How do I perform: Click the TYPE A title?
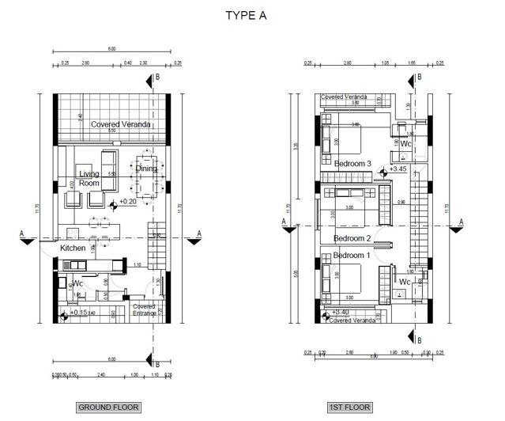point(252,15)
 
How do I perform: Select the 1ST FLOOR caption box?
point(349,408)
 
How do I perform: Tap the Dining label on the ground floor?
point(147,168)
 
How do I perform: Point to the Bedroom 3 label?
point(352,163)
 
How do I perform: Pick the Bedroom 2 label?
point(352,238)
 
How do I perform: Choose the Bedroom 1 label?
point(352,256)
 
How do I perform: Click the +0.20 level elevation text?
point(129,202)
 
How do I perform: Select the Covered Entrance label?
point(144,309)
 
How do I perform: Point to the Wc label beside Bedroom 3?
point(405,145)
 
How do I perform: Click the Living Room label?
point(89,177)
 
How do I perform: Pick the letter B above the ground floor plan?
point(158,77)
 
